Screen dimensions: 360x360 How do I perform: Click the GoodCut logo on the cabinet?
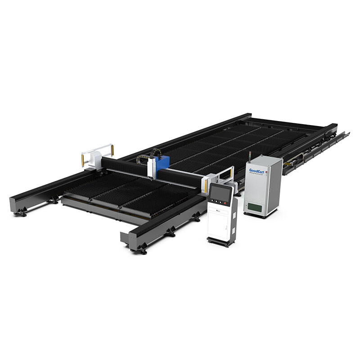click(x=257, y=171)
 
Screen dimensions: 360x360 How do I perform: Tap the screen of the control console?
click(x=220, y=193)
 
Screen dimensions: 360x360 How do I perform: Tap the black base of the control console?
click(x=220, y=242)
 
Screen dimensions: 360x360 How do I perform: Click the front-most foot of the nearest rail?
click(x=143, y=251)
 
